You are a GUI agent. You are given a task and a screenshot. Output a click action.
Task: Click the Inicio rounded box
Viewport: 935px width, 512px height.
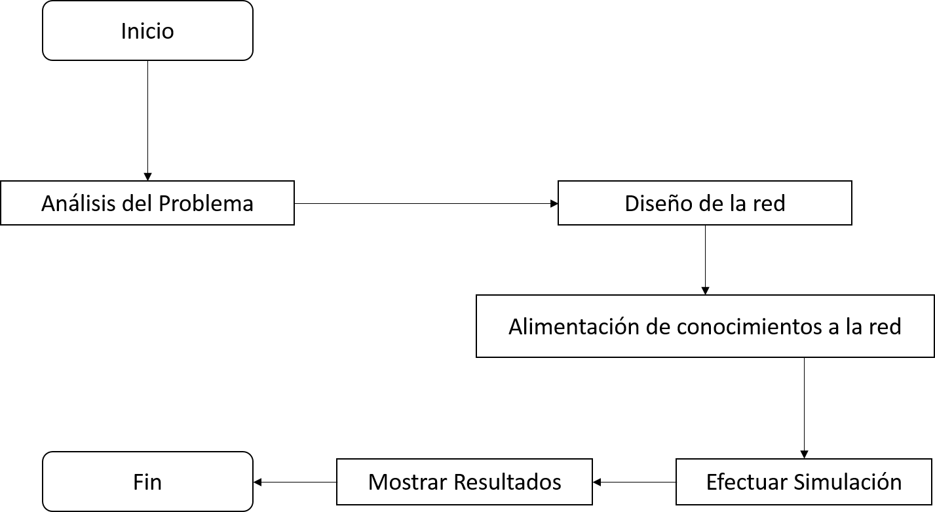point(147,31)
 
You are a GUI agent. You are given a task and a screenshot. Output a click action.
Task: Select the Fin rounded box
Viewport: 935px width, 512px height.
point(147,482)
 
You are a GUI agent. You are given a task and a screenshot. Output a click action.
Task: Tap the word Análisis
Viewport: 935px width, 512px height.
point(79,203)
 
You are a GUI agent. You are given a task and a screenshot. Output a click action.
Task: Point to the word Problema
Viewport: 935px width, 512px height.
point(206,203)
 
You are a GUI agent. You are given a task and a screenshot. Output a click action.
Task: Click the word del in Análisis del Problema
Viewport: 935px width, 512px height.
point(138,203)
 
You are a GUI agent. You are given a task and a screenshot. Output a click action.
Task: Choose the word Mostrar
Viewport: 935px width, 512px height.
point(406,482)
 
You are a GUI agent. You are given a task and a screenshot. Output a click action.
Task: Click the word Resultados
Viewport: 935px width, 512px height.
point(507,482)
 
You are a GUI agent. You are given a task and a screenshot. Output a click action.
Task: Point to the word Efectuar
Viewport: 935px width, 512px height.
point(747,482)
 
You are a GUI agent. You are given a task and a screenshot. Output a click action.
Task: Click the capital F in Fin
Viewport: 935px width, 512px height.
point(138,482)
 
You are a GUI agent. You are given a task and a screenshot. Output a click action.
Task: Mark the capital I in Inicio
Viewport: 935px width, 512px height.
point(123,31)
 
